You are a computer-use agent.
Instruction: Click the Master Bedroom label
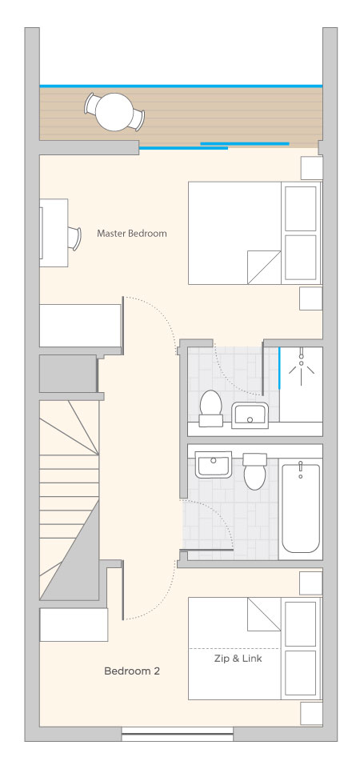pos(131,234)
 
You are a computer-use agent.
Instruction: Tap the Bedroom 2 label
pos(132,671)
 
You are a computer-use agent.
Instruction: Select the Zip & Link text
pos(238,659)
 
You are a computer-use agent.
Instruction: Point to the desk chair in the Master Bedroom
pos(74,238)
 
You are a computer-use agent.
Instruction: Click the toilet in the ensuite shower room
pos(210,408)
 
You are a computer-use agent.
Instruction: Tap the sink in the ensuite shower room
pos(250,415)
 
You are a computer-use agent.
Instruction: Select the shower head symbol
pos(302,364)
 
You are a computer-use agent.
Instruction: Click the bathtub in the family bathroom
pos(301,507)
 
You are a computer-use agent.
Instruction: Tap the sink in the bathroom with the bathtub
pos(214,464)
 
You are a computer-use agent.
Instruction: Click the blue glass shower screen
pos(279,367)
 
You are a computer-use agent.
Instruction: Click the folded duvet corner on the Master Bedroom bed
pos(265,267)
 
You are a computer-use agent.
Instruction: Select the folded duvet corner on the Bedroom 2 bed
pos(265,614)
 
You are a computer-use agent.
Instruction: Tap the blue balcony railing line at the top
pos(181,86)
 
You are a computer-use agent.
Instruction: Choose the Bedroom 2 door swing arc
pos(160,602)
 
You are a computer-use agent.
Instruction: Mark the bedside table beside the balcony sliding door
pos(312,168)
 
